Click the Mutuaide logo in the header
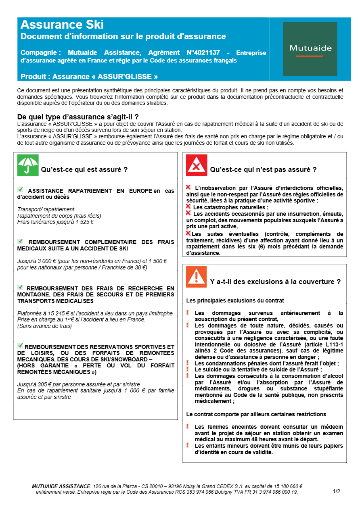tap(310, 49)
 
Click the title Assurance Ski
tap(62, 25)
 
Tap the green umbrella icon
tap(28, 165)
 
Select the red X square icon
tap(197, 165)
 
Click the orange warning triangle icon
tap(197, 277)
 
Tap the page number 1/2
tap(337, 491)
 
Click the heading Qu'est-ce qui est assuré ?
tap(84, 170)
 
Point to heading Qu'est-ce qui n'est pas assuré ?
tap(263, 170)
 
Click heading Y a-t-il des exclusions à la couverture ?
tap(275, 282)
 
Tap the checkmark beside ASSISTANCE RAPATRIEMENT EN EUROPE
tap(21, 190)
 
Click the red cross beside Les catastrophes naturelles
tap(188, 207)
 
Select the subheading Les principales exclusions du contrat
tap(235, 300)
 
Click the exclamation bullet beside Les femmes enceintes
tap(188, 426)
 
